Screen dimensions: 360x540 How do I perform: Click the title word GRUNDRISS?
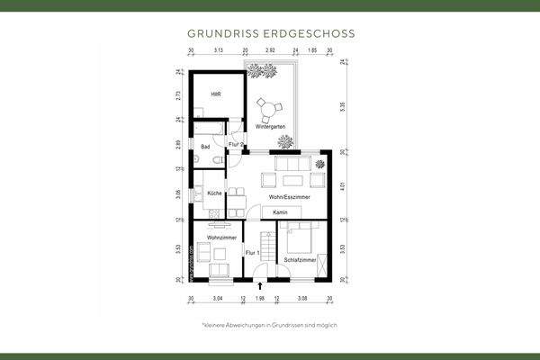tap(220, 32)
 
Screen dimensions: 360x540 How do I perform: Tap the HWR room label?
tap(216, 94)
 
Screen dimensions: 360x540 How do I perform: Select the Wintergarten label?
tap(270, 127)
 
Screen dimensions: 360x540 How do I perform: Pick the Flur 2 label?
tap(237, 144)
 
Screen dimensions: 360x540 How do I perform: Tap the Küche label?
tap(214, 193)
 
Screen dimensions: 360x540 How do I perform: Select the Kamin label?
tap(281, 211)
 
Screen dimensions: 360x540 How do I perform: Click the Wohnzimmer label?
tap(220, 237)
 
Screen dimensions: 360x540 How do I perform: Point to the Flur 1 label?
tap(252, 253)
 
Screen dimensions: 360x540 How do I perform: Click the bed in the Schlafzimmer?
tap(300, 238)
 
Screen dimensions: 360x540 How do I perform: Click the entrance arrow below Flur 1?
tap(260, 286)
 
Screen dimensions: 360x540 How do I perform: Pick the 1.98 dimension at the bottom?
tap(260, 297)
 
